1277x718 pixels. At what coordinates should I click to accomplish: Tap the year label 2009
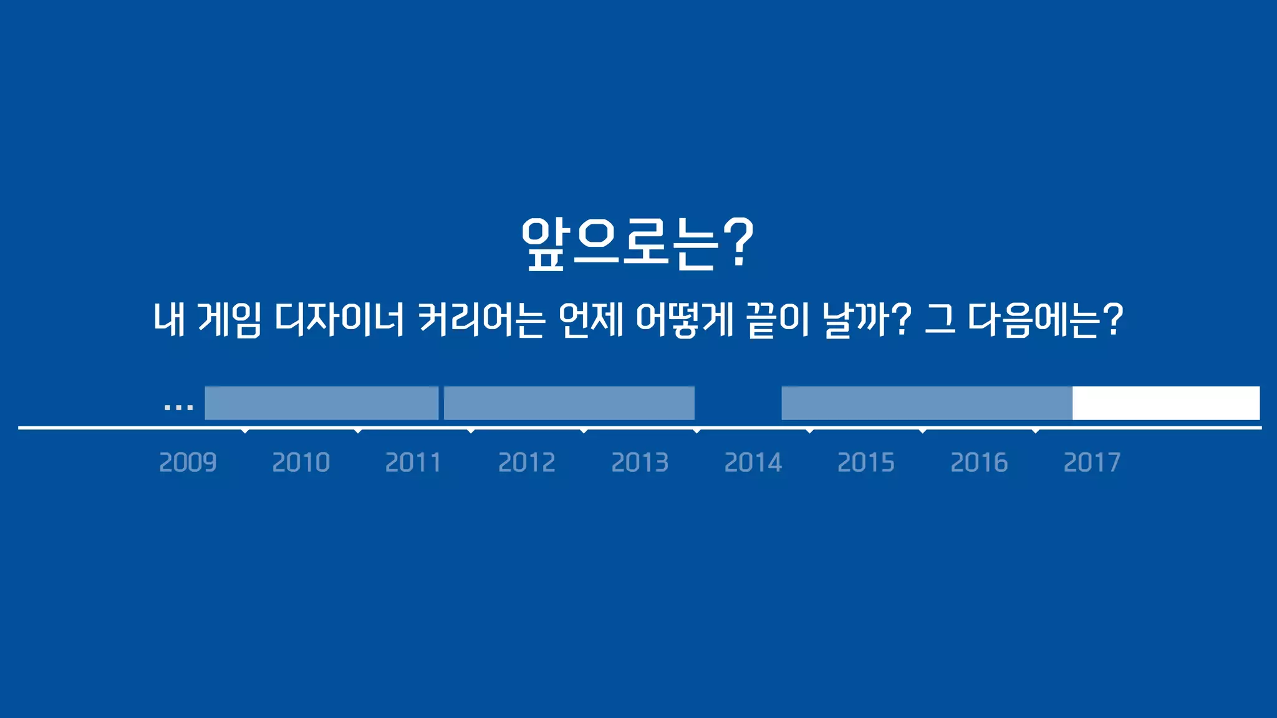(x=188, y=462)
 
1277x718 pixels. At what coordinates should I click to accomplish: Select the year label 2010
(x=301, y=462)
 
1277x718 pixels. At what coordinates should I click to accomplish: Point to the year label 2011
(x=413, y=462)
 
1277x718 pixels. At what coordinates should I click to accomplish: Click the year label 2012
(x=527, y=462)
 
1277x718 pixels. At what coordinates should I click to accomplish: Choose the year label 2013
(x=640, y=462)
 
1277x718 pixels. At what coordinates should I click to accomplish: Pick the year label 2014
(x=753, y=462)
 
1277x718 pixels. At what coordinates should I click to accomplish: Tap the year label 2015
(x=866, y=462)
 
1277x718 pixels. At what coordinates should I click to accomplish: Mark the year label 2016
(x=979, y=462)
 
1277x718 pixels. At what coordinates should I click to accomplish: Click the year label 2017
(x=1092, y=462)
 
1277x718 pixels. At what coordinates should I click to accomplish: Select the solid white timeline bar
(x=1166, y=403)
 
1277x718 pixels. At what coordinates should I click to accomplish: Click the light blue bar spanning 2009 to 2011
(x=322, y=403)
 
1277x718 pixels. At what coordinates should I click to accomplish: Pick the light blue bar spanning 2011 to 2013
(x=569, y=403)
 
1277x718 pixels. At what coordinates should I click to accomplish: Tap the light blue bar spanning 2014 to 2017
(x=927, y=403)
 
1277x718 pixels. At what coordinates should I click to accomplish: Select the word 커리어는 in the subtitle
(x=481, y=320)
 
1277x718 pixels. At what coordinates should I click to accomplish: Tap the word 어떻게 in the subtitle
(x=685, y=320)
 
